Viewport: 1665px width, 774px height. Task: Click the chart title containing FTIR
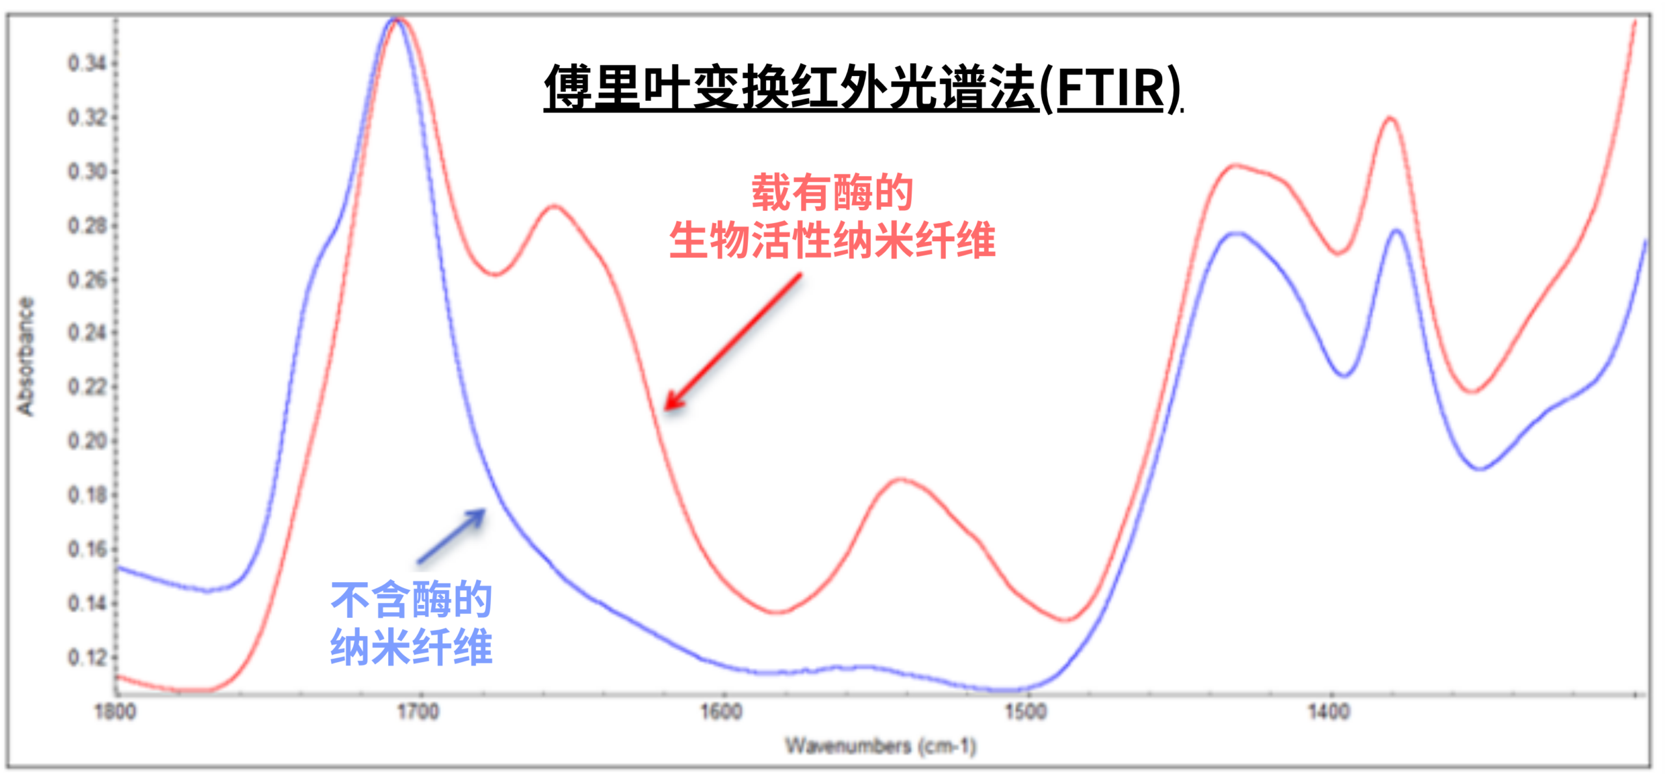pyautogui.click(x=863, y=88)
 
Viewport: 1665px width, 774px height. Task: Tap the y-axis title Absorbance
pyautogui.click(x=25, y=356)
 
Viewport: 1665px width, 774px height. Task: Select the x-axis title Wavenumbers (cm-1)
pyautogui.click(x=881, y=745)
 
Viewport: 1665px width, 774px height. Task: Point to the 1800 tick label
pyautogui.click(x=116, y=712)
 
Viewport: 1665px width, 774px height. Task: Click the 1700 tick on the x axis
pyautogui.click(x=418, y=712)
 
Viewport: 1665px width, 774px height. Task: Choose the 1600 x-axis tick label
pyautogui.click(x=721, y=712)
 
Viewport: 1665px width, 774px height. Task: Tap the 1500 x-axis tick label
pyautogui.click(x=1026, y=712)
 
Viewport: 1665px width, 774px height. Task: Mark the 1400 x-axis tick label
pyautogui.click(x=1329, y=712)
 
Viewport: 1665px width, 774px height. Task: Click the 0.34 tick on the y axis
pyautogui.click(x=87, y=64)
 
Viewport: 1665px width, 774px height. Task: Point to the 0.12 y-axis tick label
pyautogui.click(x=87, y=658)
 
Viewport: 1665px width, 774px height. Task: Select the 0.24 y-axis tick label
pyautogui.click(x=87, y=333)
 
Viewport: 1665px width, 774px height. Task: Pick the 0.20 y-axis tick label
pyautogui.click(x=87, y=441)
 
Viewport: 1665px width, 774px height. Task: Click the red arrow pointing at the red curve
pyautogui.click(x=733, y=343)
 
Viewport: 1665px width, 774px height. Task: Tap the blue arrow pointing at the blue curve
pyautogui.click(x=451, y=536)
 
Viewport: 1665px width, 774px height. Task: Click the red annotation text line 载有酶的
pyautogui.click(x=832, y=193)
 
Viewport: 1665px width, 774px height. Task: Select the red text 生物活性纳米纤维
pyautogui.click(x=832, y=240)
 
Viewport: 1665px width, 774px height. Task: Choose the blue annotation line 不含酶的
pyautogui.click(x=412, y=599)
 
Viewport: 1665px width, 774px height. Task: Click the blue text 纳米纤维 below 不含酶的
pyautogui.click(x=412, y=647)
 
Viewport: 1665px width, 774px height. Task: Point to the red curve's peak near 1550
pyautogui.click(x=903, y=480)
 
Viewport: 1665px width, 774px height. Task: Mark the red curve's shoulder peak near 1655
pyautogui.click(x=553, y=206)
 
